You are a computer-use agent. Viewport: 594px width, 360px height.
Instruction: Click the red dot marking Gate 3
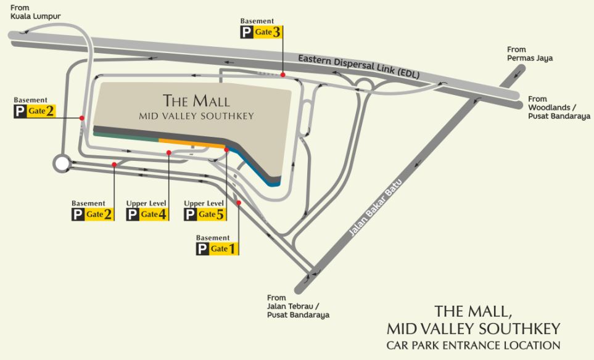(x=283, y=75)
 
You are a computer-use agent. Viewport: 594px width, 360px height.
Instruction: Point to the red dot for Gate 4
(x=168, y=152)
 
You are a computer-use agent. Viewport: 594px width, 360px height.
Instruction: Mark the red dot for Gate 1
(x=239, y=203)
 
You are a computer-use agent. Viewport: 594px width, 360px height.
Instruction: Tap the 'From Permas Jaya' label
(x=529, y=54)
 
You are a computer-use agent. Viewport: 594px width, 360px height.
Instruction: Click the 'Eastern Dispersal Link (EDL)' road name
(x=358, y=66)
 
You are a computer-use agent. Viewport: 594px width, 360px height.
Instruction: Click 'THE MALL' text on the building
(x=196, y=100)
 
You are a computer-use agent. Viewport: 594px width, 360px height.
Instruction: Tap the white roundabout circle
(x=62, y=163)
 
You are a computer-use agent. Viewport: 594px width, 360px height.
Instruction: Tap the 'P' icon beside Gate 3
(x=247, y=33)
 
